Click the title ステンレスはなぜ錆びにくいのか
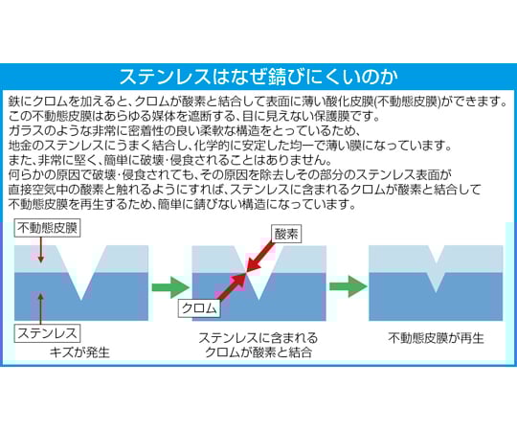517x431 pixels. point(258,78)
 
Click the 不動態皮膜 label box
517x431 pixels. point(47,228)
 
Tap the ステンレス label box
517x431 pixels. point(47,333)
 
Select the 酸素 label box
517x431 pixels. point(286,234)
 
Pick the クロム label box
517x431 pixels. point(199,308)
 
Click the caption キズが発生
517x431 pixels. point(79,352)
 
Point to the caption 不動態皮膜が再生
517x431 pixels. point(436,338)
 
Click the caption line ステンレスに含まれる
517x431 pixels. point(258,338)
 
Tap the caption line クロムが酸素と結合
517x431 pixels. point(258,352)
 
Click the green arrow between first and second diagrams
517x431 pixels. point(170,287)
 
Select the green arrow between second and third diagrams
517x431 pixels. point(348,286)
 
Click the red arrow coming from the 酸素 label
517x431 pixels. point(260,258)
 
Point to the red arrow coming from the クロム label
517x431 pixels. point(232,287)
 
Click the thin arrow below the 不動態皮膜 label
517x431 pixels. point(40,250)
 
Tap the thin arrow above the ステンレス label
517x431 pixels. point(40,308)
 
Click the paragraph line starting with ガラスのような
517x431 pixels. point(184,130)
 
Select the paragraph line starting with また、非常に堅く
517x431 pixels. point(169,160)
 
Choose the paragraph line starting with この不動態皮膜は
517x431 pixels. point(193,116)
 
